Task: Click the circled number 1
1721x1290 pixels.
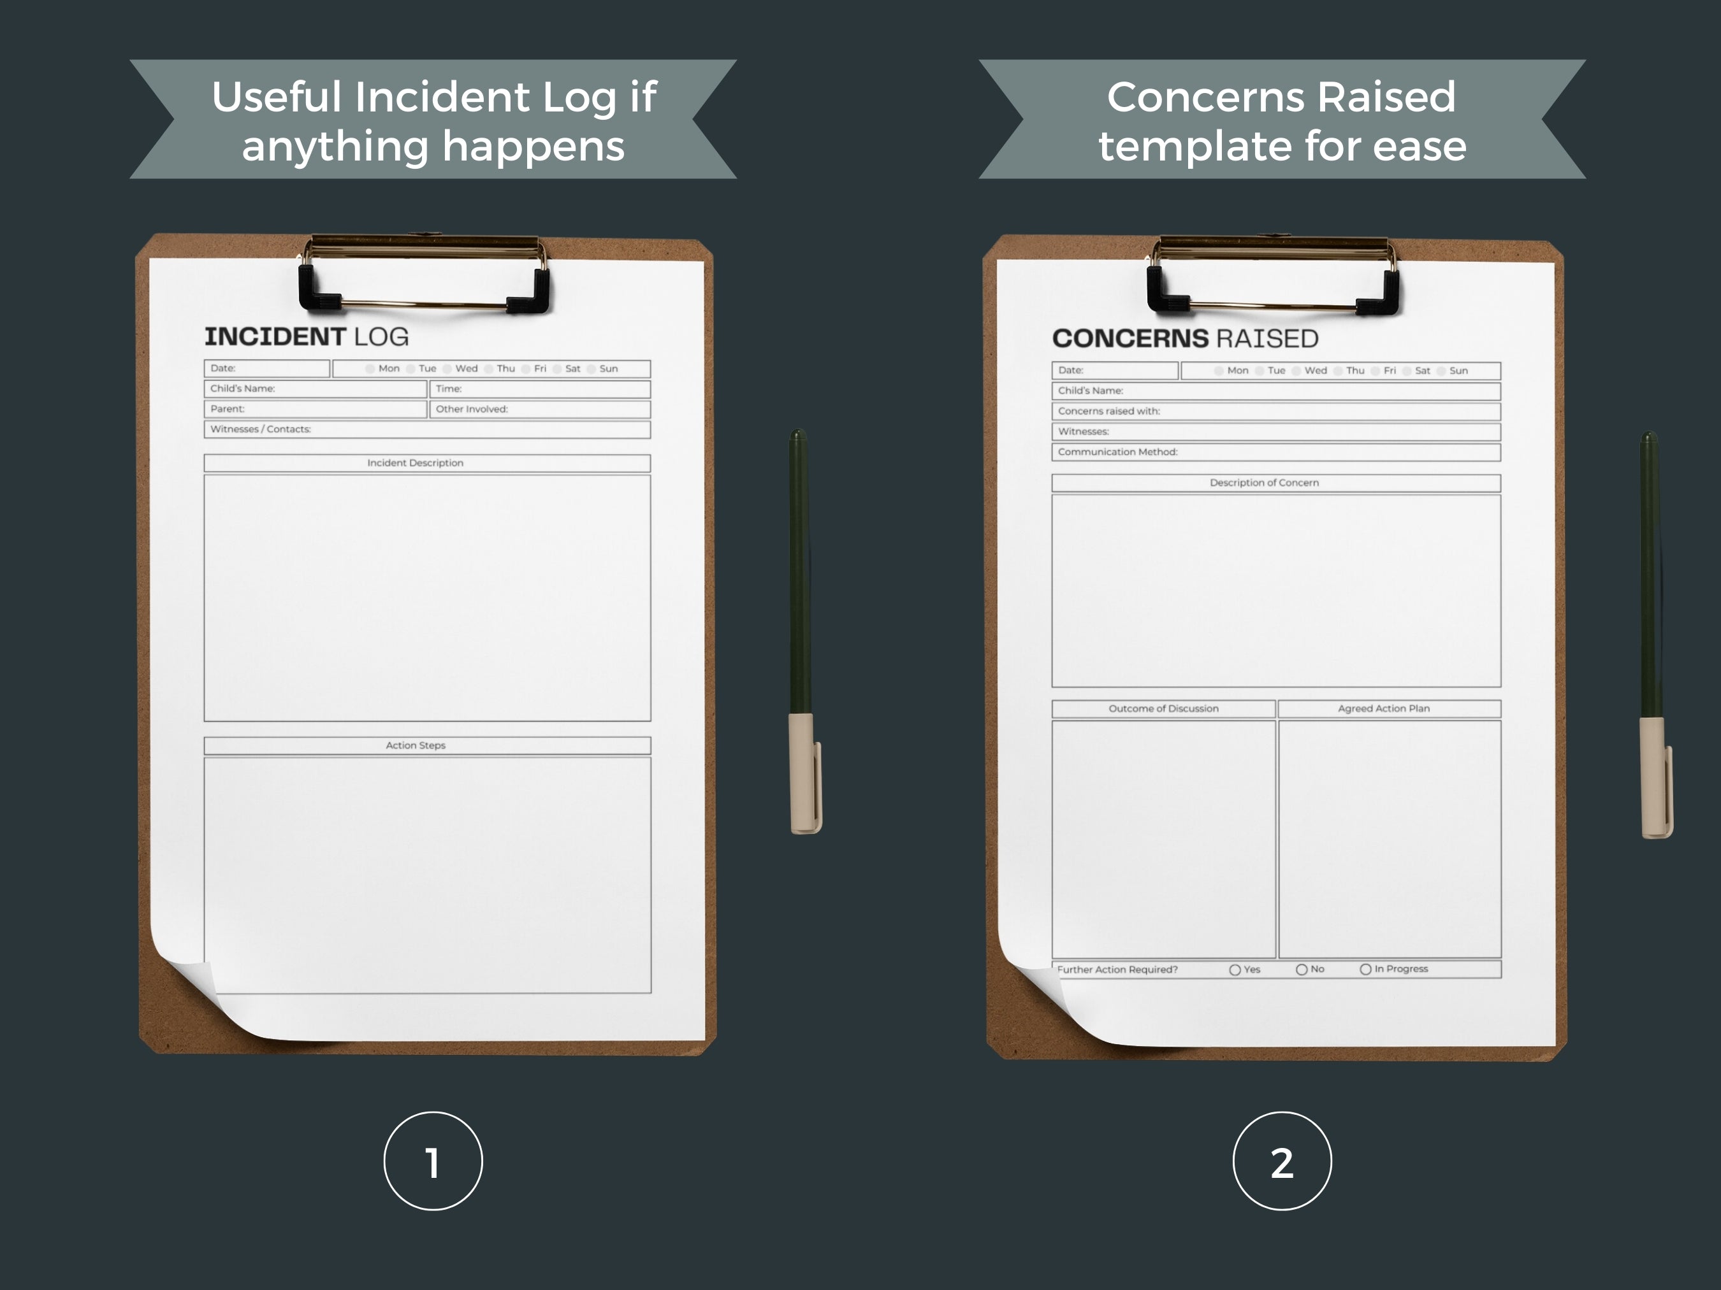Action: (x=433, y=1161)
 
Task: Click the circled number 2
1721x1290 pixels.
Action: (x=1281, y=1161)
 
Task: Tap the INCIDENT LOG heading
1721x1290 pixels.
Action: (x=307, y=337)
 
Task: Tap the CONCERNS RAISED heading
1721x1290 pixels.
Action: (x=1185, y=338)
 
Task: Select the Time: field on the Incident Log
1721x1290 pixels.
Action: (x=540, y=389)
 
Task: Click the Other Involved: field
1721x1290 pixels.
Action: (x=540, y=409)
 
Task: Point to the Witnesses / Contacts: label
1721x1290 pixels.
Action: (x=261, y=429)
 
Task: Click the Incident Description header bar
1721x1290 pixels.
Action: (x=426, y=462)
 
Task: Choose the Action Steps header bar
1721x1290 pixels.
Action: (x=426, y=745)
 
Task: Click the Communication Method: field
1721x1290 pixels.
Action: (x=1276, y=452)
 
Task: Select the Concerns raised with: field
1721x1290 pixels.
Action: (x=1276, y=412)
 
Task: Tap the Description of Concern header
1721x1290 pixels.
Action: (x=1276, y=483)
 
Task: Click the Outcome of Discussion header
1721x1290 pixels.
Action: (x=1163, y=708)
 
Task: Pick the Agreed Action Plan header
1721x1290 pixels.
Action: (x=1389, y=708)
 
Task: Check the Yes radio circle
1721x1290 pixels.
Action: (x=1235, y=970)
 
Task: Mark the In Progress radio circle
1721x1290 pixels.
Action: (x=1365, y=970)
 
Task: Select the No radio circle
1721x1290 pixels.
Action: (x=1302, y=970)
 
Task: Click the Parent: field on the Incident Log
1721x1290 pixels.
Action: (x=315, y=409)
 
